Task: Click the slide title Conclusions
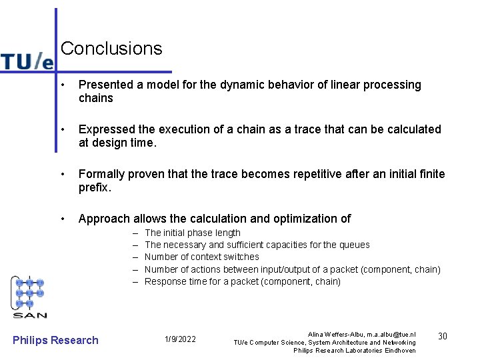pyautogui.click(x=111, y=49)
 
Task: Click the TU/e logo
pyautogui.click(x=27, y=61)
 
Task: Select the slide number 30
pyautogui.click(x=441, y=337)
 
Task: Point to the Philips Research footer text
pyautogui.click(x=55, y=340)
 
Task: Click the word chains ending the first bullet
pyautogui.click(x=96, y=98)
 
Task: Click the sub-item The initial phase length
pyautogui.click(x=192, y=233)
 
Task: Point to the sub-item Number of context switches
pyautogui.click(x=201, y=257)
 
